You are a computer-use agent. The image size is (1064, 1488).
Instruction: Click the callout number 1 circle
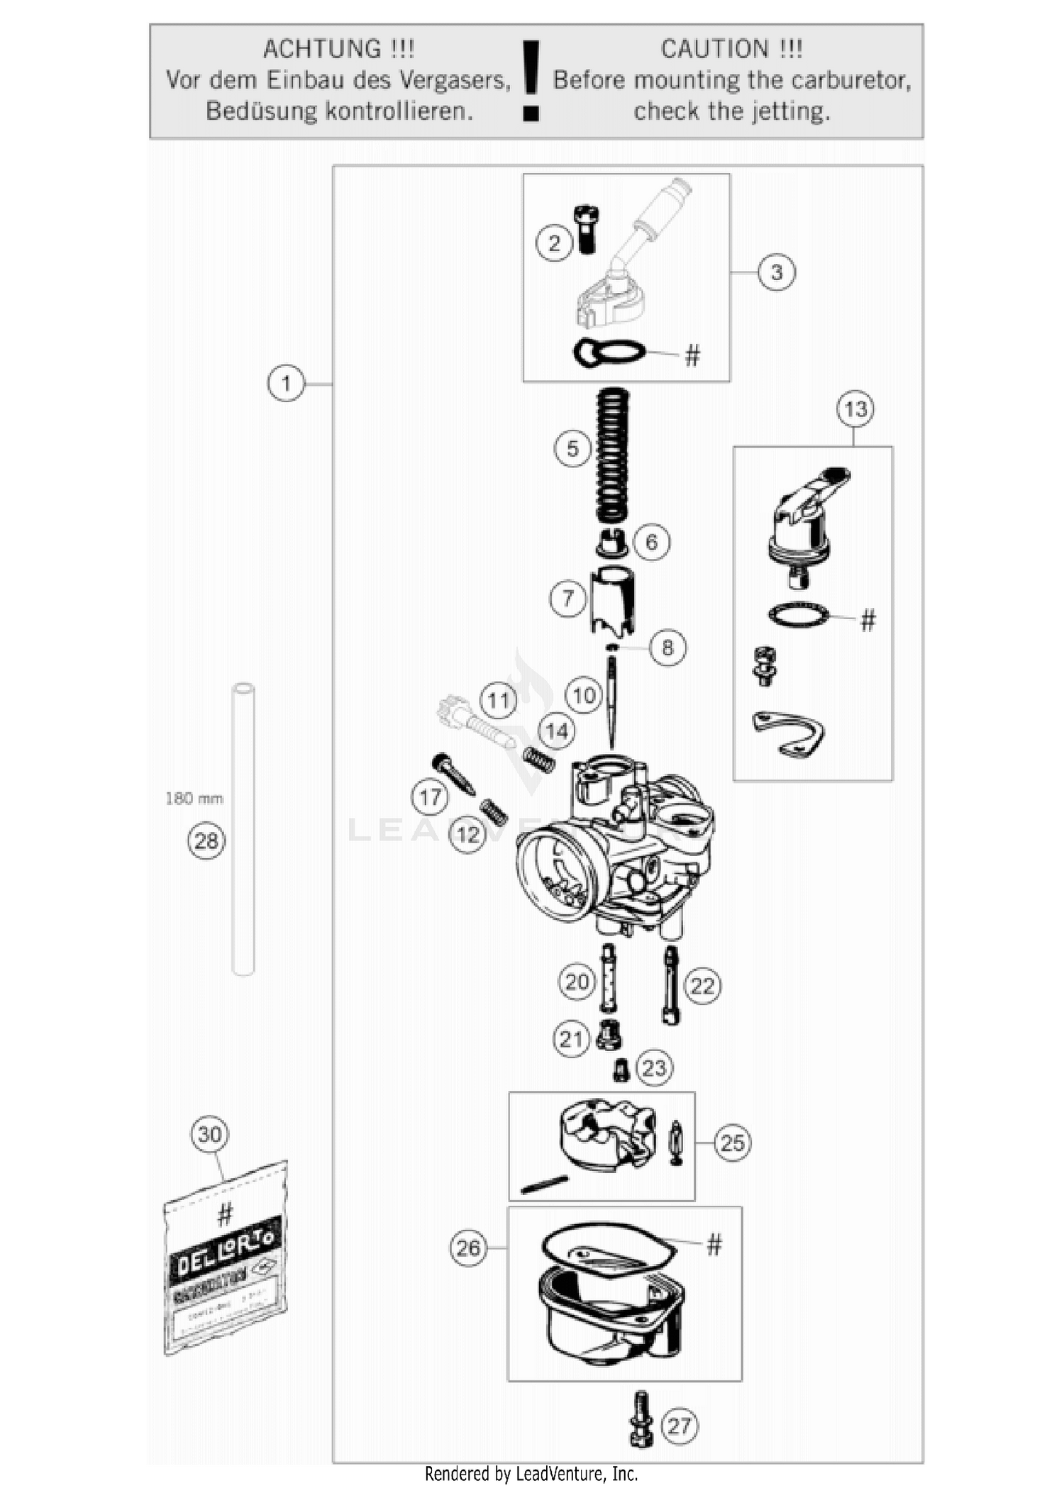[x=286, y=384]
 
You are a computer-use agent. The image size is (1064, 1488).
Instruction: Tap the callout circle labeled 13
[x=855, y=409]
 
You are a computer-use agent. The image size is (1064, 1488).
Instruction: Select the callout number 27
[x=679, y=1426]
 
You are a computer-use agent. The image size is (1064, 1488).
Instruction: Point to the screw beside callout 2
[x=586, y=228]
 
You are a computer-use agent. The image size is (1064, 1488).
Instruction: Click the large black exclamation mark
[x=531, y=79]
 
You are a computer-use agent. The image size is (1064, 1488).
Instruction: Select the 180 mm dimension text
[x=194, y=799]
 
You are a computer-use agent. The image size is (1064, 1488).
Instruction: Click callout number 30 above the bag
[x=210, y=1134]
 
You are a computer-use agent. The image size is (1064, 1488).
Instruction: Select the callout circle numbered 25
[x=732, y=1143]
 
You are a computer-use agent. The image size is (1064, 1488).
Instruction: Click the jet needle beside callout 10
[x=611, y=702]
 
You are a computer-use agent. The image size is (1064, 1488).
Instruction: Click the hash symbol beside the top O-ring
[x=692, y=355]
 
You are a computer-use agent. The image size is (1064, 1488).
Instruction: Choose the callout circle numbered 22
[x=702, y=986]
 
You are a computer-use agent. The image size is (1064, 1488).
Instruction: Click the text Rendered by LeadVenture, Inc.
[x=531, y=1474]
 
